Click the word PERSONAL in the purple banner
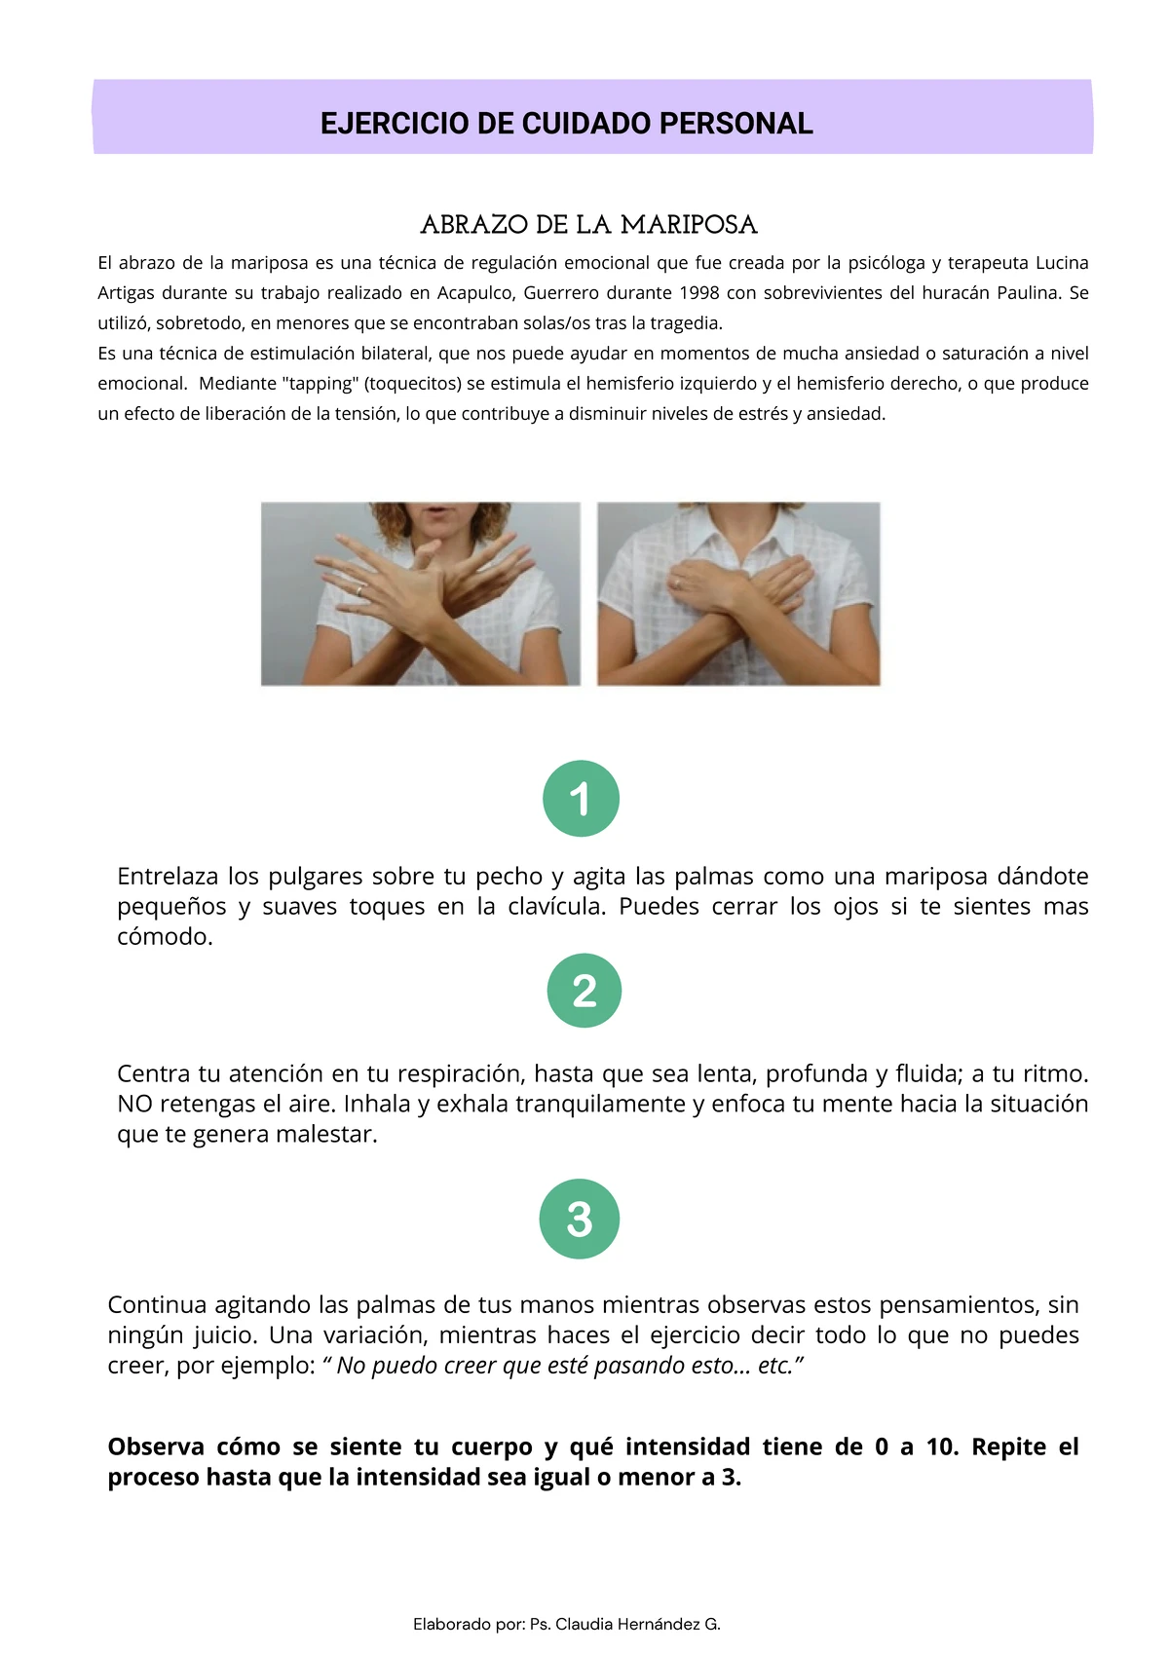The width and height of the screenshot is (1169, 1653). [735, 124]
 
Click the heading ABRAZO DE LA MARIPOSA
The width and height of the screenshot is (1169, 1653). [589, 225]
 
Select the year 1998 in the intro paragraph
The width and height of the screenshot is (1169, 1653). [698, 293]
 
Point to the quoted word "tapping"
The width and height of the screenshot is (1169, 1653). [321, 384]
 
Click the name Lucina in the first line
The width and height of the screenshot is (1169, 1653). [1062, 263]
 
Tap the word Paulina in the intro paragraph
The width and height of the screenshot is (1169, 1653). [1028, 293]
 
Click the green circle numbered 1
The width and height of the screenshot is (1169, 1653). [581, 798]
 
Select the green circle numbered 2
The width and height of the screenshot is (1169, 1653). [584, 991]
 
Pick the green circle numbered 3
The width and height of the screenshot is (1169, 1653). [580, 1219]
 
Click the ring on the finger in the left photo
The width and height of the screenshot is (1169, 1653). [359, 589]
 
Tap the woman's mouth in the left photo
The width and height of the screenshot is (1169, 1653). [438, 509]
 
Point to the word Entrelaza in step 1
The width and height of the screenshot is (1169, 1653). [168, 876]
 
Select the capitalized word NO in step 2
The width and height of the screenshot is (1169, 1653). [134, 1104]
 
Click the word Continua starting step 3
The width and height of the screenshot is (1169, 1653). [157, 1304]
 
